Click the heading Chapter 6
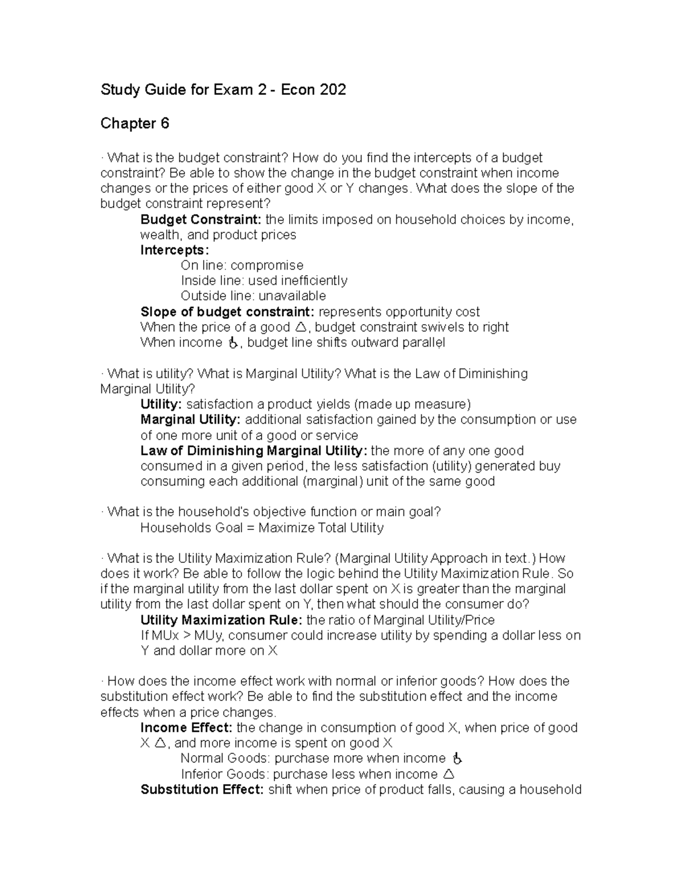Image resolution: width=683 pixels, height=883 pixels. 135,123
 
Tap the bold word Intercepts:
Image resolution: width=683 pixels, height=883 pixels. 175,250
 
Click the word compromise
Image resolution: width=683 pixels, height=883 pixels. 267,266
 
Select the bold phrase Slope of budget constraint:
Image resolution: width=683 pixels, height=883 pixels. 227,312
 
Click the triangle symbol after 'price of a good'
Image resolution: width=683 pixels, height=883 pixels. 301,327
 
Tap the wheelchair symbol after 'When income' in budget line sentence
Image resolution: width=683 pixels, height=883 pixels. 232,343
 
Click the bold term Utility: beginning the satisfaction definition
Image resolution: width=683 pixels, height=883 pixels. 161,404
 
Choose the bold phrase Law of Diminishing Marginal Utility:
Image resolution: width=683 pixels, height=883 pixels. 254,451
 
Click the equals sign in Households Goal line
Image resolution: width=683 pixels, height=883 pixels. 250,528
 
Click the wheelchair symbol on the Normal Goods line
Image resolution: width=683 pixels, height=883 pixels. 457,758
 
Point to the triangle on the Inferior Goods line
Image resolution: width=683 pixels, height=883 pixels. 449,774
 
